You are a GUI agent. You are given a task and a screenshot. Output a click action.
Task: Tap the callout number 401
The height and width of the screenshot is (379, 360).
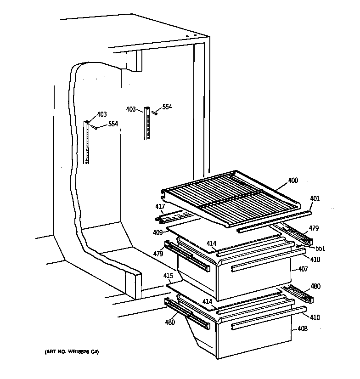point(315,199)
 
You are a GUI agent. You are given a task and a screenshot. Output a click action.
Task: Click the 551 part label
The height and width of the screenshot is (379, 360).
point(320,249)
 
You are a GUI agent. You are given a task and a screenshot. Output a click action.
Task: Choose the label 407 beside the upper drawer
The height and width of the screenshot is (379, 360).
point(303,269)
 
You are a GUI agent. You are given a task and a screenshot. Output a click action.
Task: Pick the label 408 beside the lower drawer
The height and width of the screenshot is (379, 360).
point(303,328)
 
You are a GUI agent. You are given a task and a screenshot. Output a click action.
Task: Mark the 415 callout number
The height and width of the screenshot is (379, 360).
point(168,276)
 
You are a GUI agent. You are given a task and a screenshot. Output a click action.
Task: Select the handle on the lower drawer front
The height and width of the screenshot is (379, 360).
point(259,325)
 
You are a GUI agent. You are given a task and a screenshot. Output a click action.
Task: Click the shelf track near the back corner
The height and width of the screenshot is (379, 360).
point(147,123)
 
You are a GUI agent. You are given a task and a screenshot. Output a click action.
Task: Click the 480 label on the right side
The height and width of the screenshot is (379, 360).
point(315,286)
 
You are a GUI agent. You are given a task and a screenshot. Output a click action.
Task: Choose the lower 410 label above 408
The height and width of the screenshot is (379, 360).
point(315,317)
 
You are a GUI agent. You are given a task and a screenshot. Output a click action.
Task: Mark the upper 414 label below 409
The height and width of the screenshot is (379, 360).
point(211,243)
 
